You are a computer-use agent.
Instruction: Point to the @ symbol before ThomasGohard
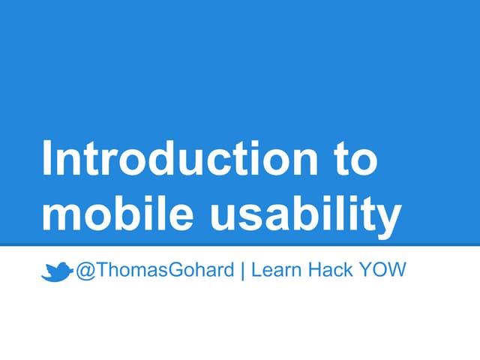click(83, 271)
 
